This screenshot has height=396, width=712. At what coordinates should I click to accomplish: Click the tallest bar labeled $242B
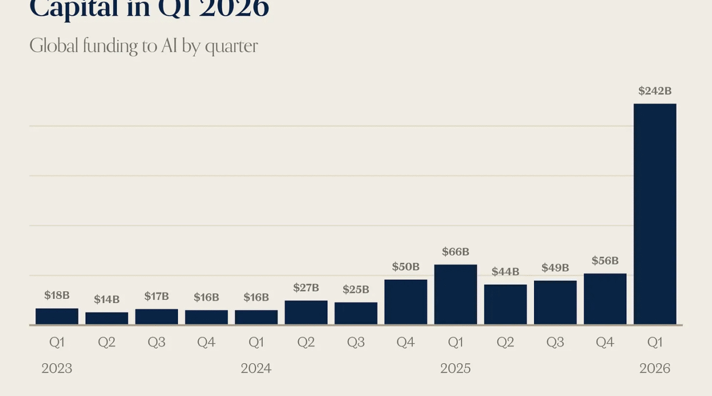(x=655, y=214)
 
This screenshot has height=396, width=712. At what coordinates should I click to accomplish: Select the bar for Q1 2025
(x=456, y=295)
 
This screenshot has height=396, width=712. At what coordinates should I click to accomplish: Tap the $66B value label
(x=456, y=252)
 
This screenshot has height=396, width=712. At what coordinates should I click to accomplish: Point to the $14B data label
(x=106, y=299)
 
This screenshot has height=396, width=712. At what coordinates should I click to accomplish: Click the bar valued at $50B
(x=406, y=302)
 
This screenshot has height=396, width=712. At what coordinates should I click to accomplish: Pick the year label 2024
(x=256, y=368)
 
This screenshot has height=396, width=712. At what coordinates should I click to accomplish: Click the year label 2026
(x=655, y=368)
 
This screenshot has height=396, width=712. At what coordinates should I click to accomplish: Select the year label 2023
(x=57, y=368)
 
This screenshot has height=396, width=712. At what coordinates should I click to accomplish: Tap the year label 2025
(x=456, y=368)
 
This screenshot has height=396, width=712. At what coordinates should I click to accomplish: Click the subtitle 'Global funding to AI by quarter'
(x=144, y=46)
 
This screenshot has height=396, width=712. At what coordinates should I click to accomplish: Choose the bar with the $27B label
(x=306, y=313)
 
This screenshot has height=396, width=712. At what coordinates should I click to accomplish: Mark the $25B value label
(x=356, y=289)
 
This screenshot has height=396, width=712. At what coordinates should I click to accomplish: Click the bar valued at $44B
(x=505, y=305)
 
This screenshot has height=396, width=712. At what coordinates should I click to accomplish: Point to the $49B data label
(x=555, y=268)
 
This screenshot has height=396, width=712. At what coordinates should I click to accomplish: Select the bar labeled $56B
(x=605, y=299)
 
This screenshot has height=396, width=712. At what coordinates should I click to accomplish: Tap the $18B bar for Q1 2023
(x=57, y=316)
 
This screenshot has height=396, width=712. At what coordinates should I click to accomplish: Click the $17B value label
(x=156, y=296)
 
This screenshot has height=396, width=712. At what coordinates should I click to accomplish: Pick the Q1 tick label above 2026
(x=655, y=343)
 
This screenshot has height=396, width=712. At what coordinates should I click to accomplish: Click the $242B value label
(x=655, y=91)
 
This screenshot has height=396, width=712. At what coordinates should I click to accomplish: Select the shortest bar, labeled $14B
(x=106, y=319)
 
